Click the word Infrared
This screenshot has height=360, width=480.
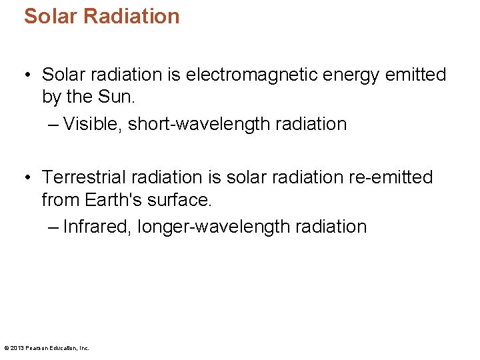[94, 227]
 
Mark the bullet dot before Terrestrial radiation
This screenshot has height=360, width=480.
[27, 178]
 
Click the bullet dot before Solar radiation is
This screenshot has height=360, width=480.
[27, 75]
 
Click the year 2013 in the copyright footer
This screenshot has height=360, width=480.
[17, 348]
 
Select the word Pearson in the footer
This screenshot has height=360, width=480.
[33, 348]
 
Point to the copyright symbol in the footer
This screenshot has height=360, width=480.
[6, 348]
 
